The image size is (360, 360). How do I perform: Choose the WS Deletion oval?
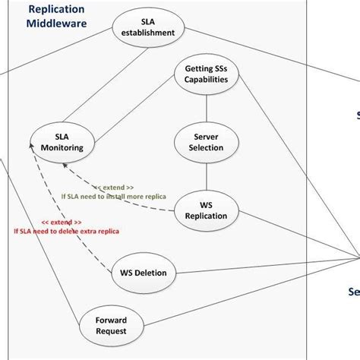point(144,272)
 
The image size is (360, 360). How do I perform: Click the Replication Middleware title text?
point(57,16)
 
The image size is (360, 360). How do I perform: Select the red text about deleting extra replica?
point(66,230)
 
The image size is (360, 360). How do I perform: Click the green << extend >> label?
point(114,186)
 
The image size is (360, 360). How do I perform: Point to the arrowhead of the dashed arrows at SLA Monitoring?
point(33,153)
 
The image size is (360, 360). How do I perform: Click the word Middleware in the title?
point(57,24)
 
